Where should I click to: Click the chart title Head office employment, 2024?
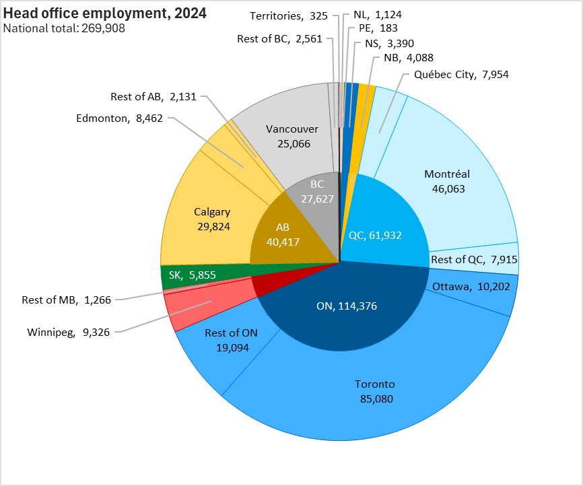[104, 13]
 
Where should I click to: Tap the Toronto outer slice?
[374, 391]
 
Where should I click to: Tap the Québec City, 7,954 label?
[461, 75]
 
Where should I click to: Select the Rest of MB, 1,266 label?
[66, 300]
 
